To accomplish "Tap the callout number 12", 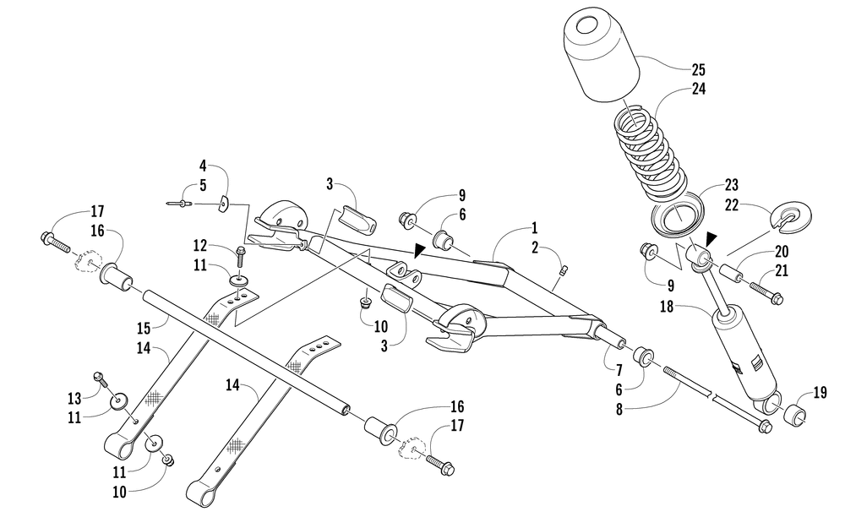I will tap(200, 246).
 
